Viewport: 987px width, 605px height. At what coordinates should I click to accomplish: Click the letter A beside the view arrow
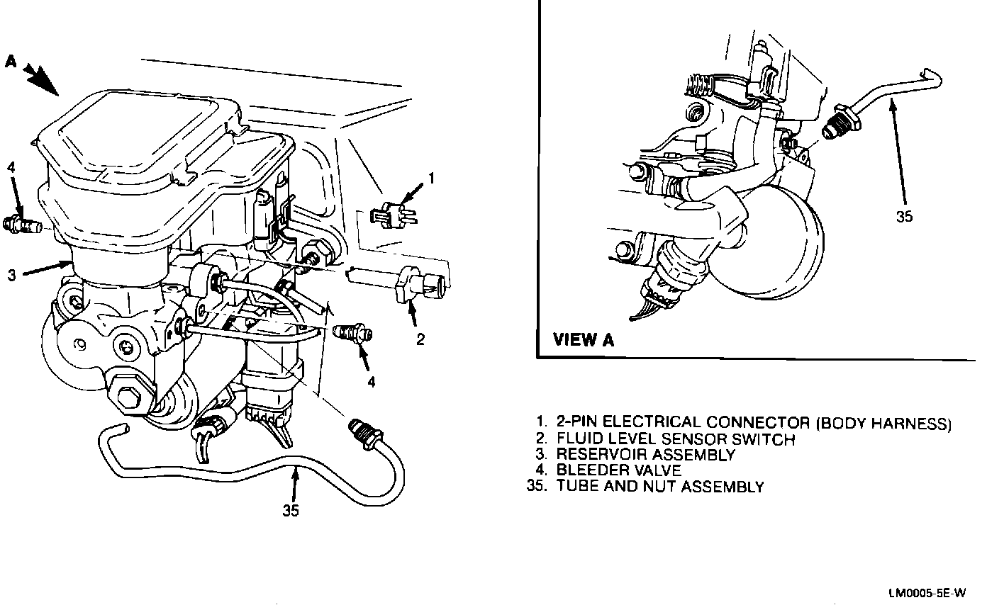tap(11, 61)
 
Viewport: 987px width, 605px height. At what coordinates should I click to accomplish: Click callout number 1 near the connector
tap(430, 179)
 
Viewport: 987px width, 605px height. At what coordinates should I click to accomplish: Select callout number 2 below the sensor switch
tap(420, 340)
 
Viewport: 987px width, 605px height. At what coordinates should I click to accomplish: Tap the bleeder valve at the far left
tap(21, 225)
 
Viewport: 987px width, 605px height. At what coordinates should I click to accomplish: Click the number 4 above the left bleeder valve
tap(11, 167)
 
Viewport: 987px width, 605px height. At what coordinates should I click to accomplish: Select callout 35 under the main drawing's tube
tap(291, 510)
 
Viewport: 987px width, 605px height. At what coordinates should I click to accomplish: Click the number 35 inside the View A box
tap(904, 217)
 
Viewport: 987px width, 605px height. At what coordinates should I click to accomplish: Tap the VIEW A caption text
tap(584, 340)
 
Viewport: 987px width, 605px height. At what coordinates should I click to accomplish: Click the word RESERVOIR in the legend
tap(602, 455)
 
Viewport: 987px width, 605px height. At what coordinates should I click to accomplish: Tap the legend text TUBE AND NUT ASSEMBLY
tap(660, 487)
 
